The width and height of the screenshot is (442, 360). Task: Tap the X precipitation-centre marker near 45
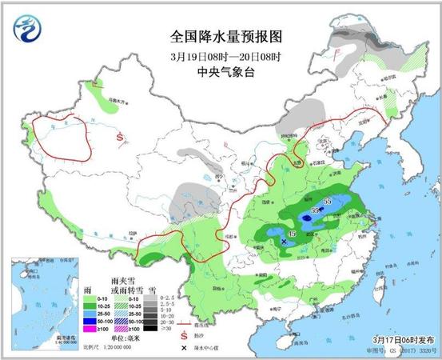[x=284, y=240]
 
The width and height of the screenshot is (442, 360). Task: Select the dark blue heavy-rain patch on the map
[x=307, y=216]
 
